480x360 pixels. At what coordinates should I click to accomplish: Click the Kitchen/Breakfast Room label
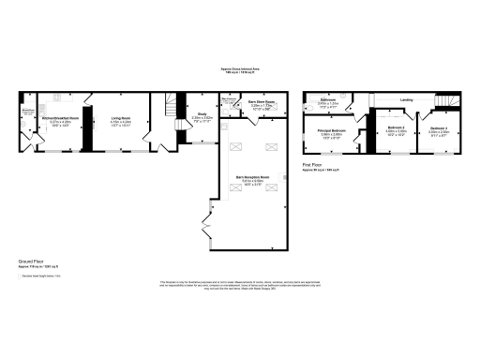pos(59,118)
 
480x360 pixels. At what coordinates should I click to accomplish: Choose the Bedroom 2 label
pos(396,129)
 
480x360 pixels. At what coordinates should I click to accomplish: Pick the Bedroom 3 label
pos(439,129)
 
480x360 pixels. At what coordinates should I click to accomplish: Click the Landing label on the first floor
pos(406,99)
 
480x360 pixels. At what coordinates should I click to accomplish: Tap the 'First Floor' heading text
pos(313,164)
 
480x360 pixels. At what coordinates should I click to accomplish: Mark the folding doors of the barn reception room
pos(205,225)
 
